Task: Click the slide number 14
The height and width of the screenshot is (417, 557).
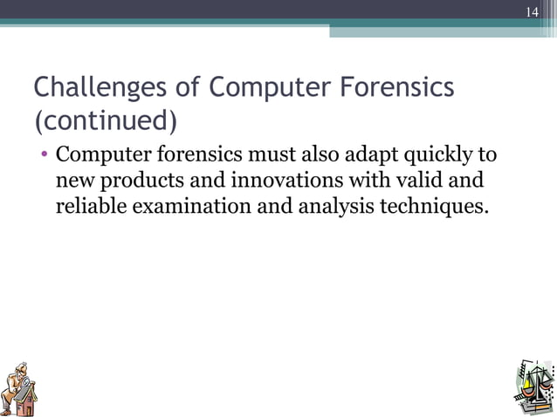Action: point(532,12)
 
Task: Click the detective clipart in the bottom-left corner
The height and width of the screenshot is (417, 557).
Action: point(20,386)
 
